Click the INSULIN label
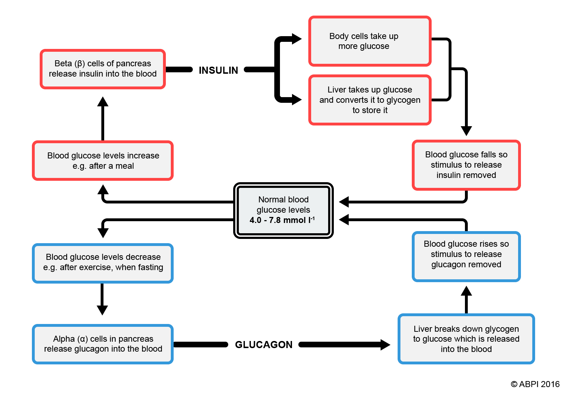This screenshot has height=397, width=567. click(x=218, y=70)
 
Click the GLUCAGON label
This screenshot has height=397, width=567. click(x=264, y=345)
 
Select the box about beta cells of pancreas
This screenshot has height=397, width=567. click(x=103, y=69)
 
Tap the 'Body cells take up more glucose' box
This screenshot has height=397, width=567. click(x=370, y=41)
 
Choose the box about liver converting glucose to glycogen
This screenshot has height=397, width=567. click(x=370, y=100)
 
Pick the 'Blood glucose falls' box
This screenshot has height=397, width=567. click(x=466, y=165)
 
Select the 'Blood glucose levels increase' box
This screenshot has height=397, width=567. click(x=103, y=161)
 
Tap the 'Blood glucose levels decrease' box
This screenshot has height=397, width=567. click(x=103, y=262)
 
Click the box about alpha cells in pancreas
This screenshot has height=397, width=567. click(x=103, y=344)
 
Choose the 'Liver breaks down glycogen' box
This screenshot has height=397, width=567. click(x=466, y=339)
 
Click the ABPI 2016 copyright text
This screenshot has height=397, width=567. click(x=535, y=384)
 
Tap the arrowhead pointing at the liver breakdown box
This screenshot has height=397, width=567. click(x=385, y=345)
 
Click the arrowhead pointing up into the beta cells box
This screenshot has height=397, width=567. click(x=103, y=102)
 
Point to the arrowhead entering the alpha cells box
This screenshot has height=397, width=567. click(x=102, y=310)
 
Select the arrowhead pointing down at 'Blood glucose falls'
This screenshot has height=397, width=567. click(x=466, y=131)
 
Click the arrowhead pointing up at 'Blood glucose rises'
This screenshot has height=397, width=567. click(x=466, y=291)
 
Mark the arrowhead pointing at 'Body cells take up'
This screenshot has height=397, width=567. click(x=297, y=39)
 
